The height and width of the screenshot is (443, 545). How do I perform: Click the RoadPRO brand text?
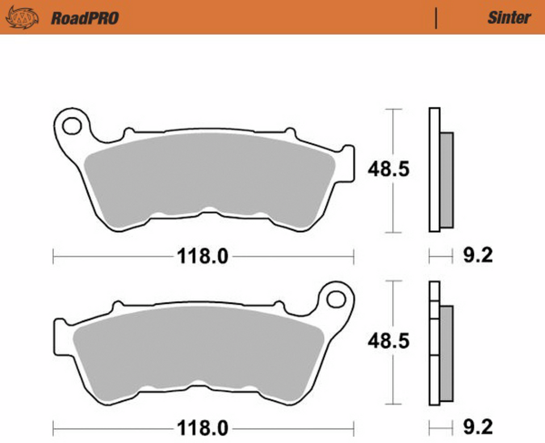[85, 18]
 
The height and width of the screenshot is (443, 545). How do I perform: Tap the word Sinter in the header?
[509, 18]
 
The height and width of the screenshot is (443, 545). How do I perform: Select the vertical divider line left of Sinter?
[436, 18]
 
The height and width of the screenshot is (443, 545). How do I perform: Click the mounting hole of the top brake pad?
[72, 125]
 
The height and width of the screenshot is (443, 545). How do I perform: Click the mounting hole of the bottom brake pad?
[336, 298]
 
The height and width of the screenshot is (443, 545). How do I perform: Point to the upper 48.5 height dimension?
[388, 169]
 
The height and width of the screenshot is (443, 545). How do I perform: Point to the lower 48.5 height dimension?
[388, 341]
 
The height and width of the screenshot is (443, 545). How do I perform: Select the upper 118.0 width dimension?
[203, 257]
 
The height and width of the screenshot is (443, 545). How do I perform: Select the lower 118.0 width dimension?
[203, 427]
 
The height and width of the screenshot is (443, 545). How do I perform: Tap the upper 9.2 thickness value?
[478, 256]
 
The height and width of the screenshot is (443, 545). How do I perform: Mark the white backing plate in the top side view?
[434, 170]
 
